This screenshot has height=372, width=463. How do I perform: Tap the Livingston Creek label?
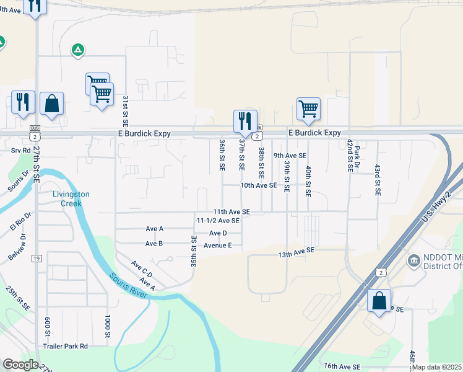coord(71,198)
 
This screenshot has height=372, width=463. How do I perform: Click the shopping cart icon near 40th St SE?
coord(308,108)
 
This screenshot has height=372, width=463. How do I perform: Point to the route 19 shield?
coord(37,258)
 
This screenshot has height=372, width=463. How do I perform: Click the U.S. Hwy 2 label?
coord(436,206)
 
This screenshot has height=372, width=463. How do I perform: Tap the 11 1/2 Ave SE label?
coord(218,221)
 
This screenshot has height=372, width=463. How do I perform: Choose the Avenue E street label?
coord(218,246)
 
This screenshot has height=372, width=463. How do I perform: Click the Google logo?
coord(20,365)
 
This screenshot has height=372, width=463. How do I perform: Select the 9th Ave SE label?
coord(290,156)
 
